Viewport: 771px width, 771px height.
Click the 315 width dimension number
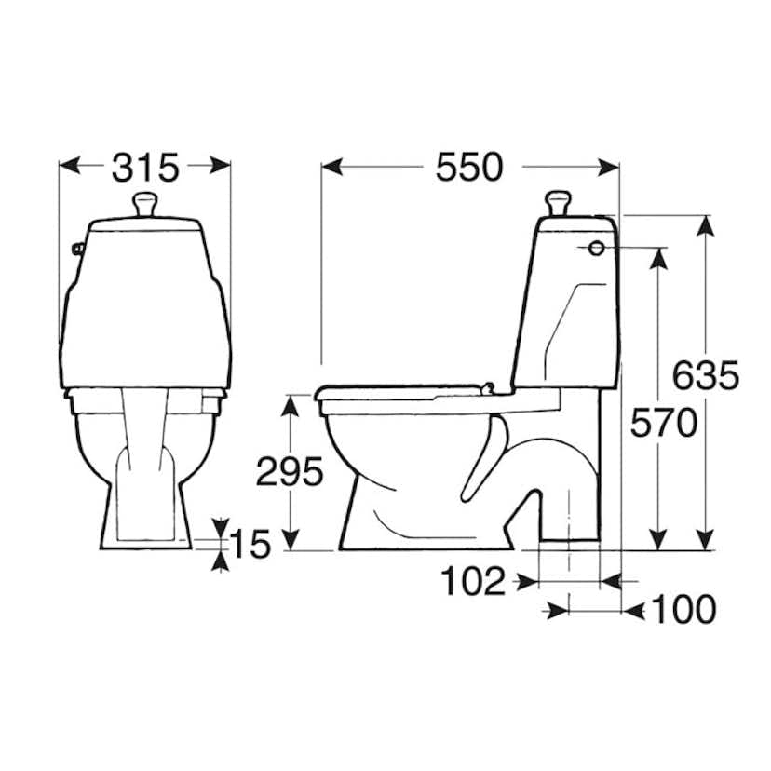pyautogui.click(x=145, y=168)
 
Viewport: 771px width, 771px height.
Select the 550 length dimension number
pyautogui.click(x=469, y=168)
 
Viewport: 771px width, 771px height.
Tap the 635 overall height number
pyautogui.click(x=706, y=375)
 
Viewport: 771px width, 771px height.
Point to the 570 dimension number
pyautogui.click(x=664, y=423)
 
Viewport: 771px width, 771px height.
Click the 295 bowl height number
pyautogui.click(x=291, y=471)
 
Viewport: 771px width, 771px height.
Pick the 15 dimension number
pyautogui.click(x=250, y=545)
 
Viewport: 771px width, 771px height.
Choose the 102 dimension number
pyautogui.click(x=474, y=581)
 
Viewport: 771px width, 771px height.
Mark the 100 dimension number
pyautogui.click(x=683, y=610)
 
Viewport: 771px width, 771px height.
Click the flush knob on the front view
pyautogui.click(x=145, y=205)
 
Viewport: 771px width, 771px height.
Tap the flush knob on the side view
pyautogui.click(x=559, y=204)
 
